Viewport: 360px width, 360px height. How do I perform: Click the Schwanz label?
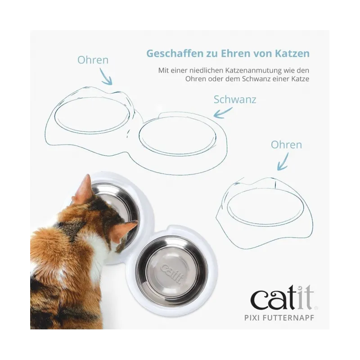(x=235, y=99)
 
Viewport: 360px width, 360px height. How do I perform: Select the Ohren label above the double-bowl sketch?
(x=93, y=60)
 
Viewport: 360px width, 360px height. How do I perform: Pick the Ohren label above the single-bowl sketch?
(x=286, y=145)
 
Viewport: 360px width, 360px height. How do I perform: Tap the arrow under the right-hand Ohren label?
(x=283, y=162)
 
